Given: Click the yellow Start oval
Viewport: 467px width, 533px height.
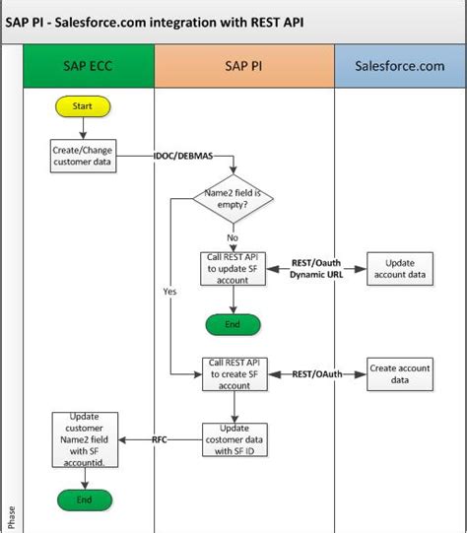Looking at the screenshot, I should pyautogui.click(x=84, y=104).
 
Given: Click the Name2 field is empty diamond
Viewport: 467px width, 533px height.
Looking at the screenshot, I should pyautogui.click(x=233, y=201).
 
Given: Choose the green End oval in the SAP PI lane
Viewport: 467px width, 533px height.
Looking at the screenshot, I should pyautogui.click(x=233, y=324).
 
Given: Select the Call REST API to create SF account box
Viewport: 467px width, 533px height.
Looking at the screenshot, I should pyautogui.click(x=233, y=374).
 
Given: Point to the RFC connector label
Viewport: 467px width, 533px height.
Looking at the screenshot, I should pyautogui.click(x=159, y=439).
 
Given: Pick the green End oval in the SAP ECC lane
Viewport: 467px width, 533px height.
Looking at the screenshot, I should pyautogui.click(x=84, y=500).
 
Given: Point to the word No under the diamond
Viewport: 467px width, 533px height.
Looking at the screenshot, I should pyautogui.click(x=233, y=237).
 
